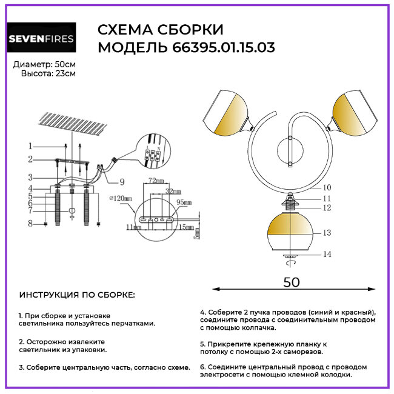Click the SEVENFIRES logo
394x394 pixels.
(41, 39)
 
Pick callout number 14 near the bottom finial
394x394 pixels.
(327, 255)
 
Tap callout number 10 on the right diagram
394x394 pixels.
(327, 188)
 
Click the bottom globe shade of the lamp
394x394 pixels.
(289, 232)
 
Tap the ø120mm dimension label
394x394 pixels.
(123, 198)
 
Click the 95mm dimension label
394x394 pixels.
(184, 202)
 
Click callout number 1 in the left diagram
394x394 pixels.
(29, 146)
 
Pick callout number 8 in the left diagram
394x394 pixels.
(29, 224)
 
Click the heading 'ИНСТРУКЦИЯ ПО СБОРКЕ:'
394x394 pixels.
(78, 295)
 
